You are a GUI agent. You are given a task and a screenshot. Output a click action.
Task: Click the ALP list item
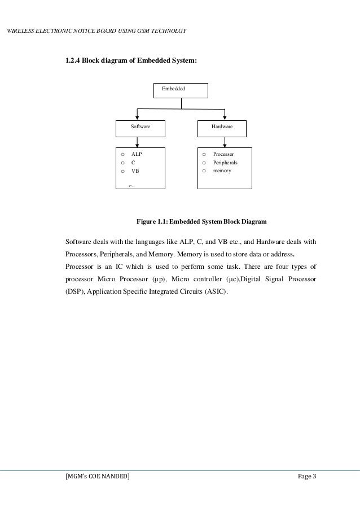click(x=136, y=154)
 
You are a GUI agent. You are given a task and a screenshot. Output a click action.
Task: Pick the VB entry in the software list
click(x=135, y=171)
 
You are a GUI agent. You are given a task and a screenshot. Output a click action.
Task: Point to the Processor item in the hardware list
click(x=223, y=154)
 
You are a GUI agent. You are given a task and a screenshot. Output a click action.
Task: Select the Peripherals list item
click(x=225, y=162)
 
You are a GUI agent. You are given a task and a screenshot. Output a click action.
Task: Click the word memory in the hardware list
click(x=222, y=171)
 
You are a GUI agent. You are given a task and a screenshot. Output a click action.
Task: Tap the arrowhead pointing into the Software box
click(x=137, y=116)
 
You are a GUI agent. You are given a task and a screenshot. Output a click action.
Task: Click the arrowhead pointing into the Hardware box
click(x=225, y=116)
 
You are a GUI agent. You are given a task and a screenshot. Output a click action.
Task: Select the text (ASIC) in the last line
click(x=218, y=292)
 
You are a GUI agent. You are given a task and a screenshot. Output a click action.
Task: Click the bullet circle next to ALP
click(x=121, y=154)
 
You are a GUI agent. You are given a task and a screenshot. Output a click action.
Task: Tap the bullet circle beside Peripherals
click(x=204, y=163)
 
